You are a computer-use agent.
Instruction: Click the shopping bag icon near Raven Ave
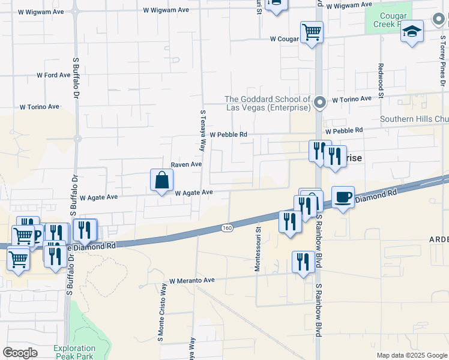click(x=161, y=180)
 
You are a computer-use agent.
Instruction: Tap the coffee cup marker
click(x=343, y=197)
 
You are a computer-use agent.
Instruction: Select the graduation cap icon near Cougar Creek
click(x=412, y=32)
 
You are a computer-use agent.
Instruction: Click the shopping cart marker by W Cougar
click(x=312, y=32)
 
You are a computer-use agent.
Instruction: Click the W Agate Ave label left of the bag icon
click(x=98, y=197)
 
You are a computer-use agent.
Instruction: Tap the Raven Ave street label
click(x=186, y=164)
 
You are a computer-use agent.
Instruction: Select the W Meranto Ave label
click(x=191, y=280)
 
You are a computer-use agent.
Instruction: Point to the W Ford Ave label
click(x=54, y=76)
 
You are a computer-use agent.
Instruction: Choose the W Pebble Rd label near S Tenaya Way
click(x=228, y=135)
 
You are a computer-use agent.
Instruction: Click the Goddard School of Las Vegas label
click(x=267, y=103)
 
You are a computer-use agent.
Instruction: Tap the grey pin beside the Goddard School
click(x=320, y=103)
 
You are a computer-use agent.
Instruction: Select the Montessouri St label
click(x=258, y=249)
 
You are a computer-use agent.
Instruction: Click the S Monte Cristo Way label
click(x=160, y=320)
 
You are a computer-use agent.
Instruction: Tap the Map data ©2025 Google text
click(x=411, y=355)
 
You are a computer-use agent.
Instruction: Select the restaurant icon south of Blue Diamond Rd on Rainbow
click(x=303, y=262)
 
